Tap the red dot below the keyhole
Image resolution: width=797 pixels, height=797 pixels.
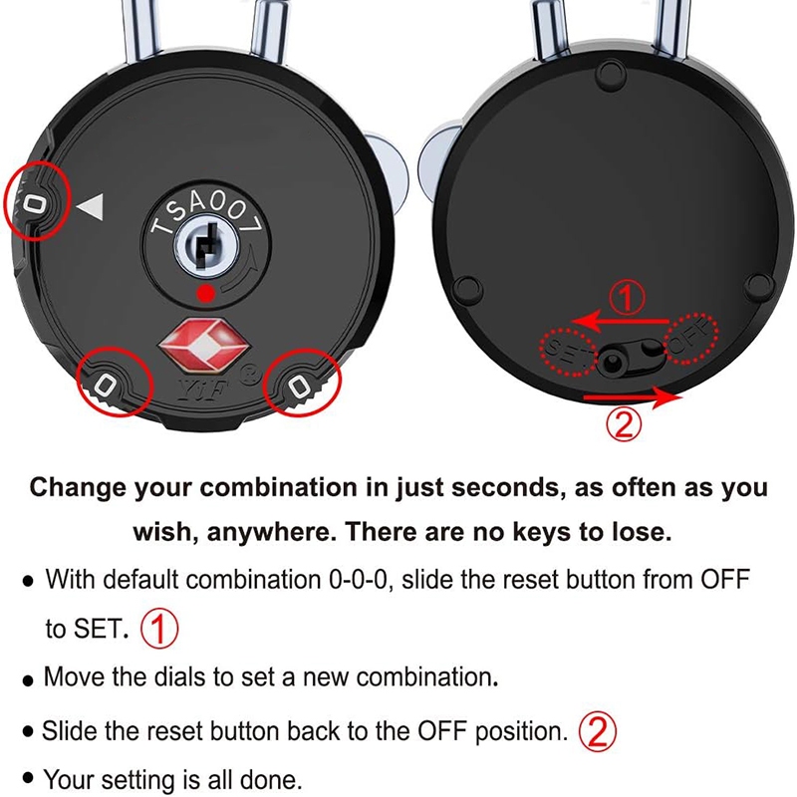tap(206, 294)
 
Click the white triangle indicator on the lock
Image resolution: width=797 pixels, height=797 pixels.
tap(92, 207)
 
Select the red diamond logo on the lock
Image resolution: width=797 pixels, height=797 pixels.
tap(204, 344)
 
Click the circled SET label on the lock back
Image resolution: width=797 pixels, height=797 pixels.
tap(567, 352)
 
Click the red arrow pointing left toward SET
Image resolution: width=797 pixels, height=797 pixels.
tap(620, 321)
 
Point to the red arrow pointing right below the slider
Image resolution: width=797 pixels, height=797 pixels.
tap(633, 397)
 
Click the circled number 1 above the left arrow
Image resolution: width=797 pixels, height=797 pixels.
tap(627, 298)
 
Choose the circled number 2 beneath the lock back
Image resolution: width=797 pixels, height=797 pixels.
tap(624, 426)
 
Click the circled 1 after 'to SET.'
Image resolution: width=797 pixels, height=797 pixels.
tap(159, 629)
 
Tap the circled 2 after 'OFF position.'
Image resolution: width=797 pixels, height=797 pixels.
tap(598, 730)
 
